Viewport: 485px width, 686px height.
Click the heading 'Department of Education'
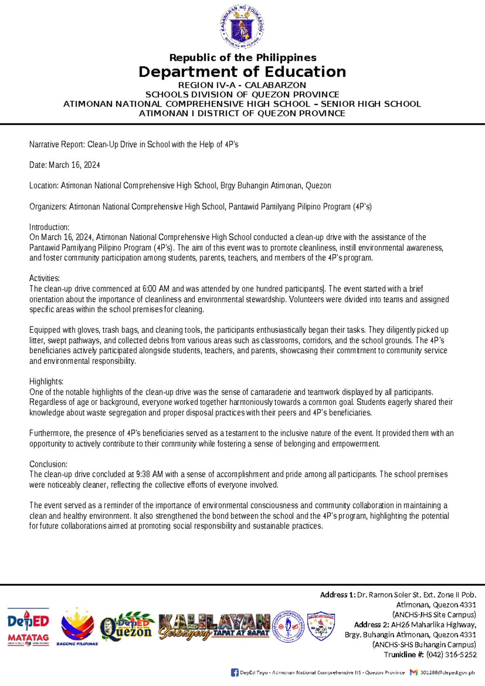point(242,72)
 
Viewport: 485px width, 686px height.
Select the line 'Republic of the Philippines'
point(242,57)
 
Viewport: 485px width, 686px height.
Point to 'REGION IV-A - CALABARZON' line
point(242,85)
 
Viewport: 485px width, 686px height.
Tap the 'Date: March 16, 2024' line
point(64,165)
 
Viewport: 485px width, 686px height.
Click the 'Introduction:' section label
point(49,227)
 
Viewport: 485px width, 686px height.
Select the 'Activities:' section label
point(44,278)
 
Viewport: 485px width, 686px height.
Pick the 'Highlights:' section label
point(46,381)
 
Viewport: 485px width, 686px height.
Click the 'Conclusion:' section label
point(48,464)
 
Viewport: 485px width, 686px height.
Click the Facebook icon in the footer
point(234,672)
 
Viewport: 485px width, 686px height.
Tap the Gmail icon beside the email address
point(413,672)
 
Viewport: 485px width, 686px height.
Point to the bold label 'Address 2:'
point(371,625)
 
